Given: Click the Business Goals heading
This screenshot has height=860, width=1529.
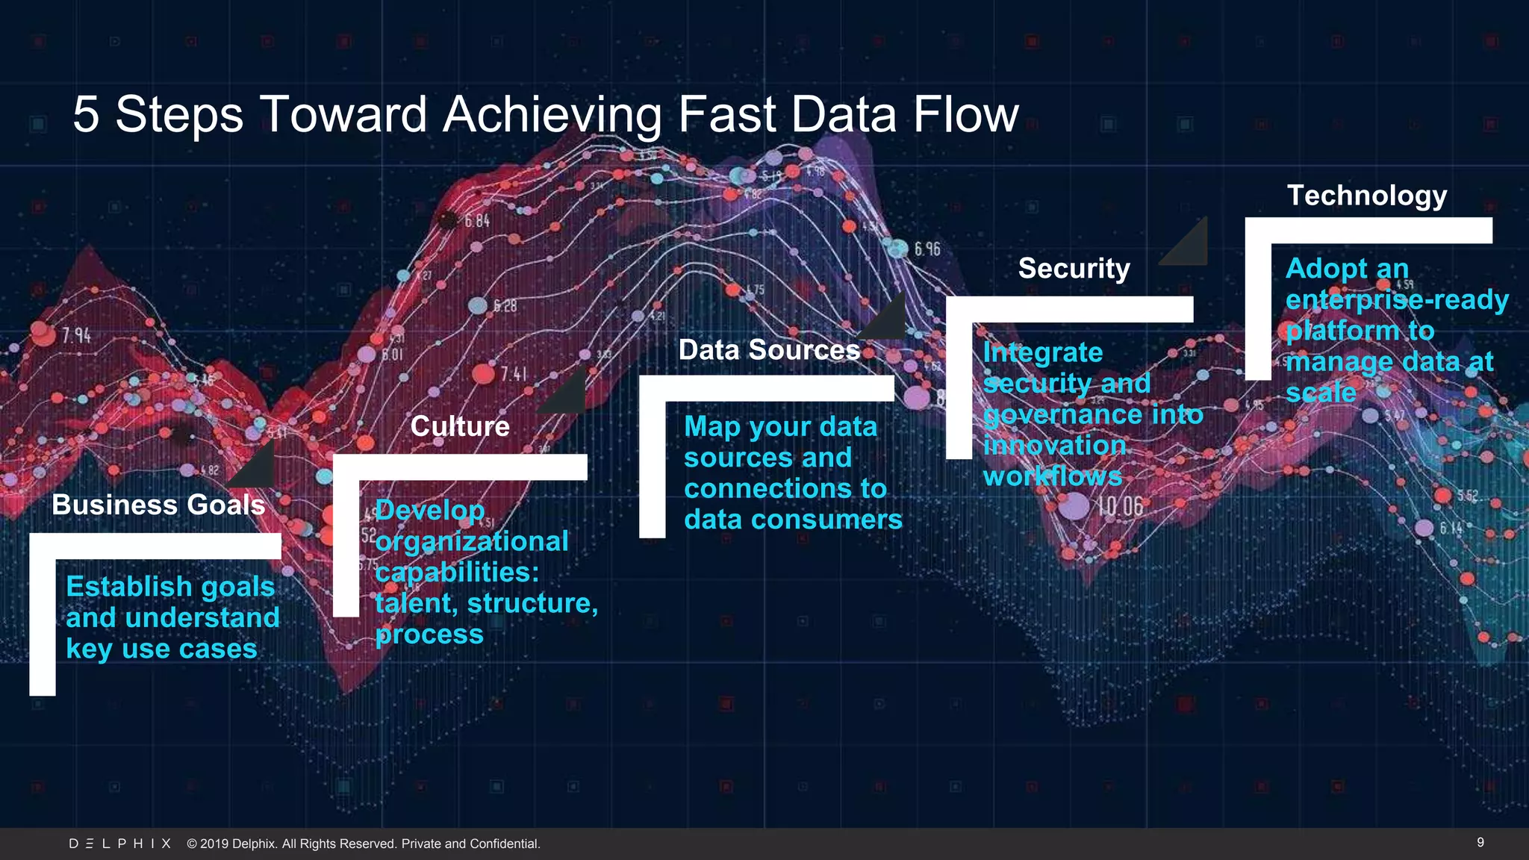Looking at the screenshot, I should [158, 505].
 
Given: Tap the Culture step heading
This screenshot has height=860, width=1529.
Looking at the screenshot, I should [460, 426].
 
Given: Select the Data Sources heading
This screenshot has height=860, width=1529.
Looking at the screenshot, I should [769, 350].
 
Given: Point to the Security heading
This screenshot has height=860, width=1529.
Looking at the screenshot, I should [1074, 269].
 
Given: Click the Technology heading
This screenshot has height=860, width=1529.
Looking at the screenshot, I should [1366, 196].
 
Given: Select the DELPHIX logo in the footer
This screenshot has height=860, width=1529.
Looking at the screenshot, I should [119, 844].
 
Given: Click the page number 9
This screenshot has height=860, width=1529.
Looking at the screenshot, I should [1480, 842].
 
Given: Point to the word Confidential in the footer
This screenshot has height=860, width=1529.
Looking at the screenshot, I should [504, 844].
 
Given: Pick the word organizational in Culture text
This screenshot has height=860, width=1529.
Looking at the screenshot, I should [472, 541].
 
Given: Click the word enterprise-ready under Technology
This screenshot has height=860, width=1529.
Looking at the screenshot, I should [1397, 300].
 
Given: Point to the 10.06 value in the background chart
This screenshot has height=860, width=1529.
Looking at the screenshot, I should [1120, 507].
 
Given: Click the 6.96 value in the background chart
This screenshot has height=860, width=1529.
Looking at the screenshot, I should [927, 249].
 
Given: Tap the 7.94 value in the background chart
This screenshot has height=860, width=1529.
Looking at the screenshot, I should [76, 335].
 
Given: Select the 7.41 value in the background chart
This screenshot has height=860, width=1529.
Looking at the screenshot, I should [514, 373].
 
